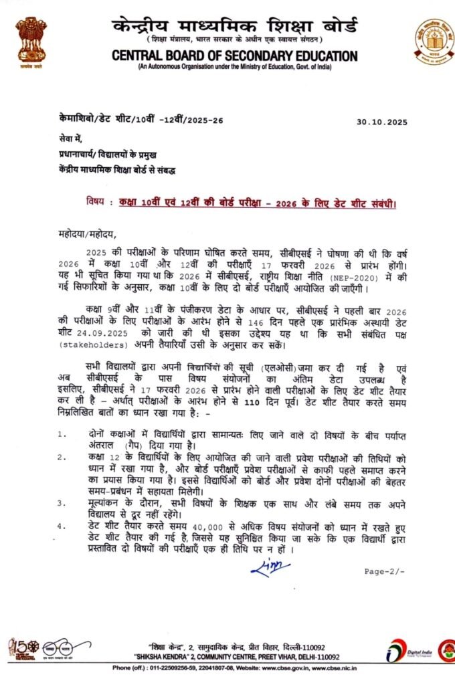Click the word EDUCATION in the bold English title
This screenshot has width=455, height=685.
click(315, 56)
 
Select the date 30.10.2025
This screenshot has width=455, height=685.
click(382, 122)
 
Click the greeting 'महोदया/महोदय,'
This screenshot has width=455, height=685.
click(87, 234)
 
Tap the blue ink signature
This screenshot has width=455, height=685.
click(270, 567)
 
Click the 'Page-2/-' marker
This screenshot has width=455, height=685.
click(385, 572)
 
